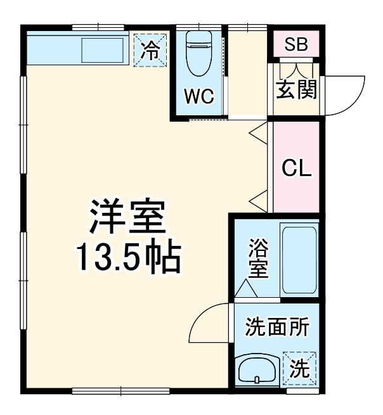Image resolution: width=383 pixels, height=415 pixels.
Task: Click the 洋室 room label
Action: [127, 217]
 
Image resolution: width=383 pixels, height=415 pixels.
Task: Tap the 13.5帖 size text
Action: [129, 257]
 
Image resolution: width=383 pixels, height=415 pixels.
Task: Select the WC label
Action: [199, 98]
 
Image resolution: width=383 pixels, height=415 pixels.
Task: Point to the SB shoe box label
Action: [296, 45]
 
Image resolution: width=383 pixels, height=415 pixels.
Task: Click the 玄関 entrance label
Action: [296, 89]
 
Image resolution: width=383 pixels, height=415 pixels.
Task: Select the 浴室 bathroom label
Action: [258, 257]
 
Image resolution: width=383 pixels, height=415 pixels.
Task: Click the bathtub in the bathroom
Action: [299, 260]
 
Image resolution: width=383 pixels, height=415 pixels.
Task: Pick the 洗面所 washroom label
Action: [277, 328]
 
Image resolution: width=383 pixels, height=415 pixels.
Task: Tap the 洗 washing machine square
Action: [299, 367]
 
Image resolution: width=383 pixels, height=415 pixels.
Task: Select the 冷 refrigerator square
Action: [151, 49]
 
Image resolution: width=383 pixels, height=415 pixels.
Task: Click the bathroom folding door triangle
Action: [245, 288]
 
